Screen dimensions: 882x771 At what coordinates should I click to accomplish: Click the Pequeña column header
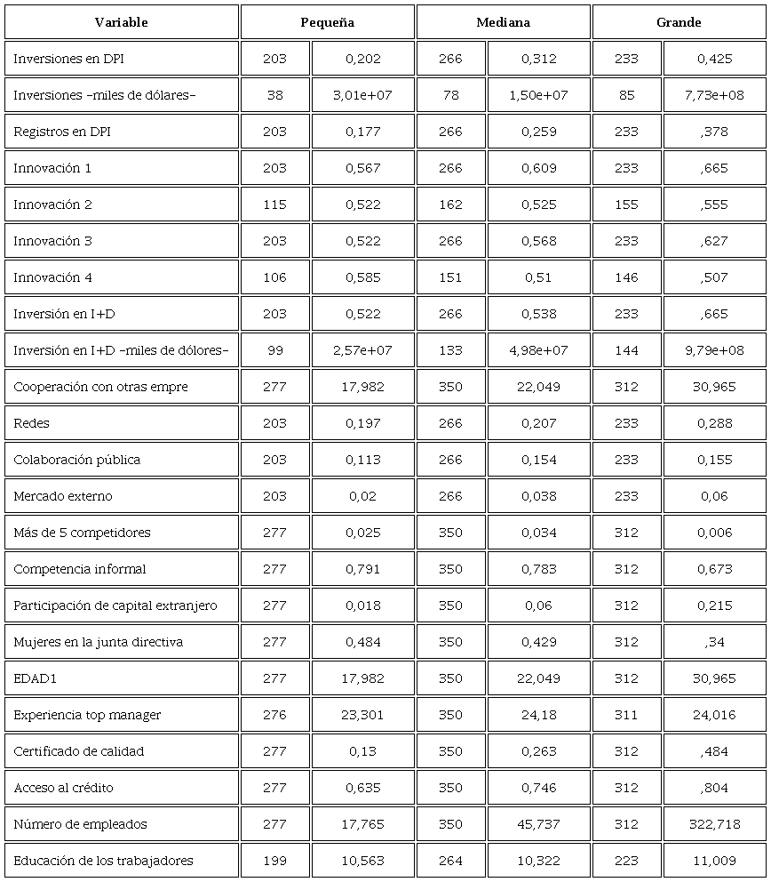[327, 22]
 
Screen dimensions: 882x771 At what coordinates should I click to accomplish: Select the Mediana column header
[503, 22]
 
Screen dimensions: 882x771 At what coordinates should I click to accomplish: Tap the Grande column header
[679, 22]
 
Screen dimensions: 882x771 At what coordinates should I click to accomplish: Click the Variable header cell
[121, 22]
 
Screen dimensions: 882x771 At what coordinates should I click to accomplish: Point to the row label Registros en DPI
[62, 132]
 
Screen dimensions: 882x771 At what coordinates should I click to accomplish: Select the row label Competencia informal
[80, 569]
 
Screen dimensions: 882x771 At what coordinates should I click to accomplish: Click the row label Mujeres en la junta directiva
[98, 642]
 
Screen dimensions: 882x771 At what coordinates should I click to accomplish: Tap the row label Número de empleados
[80, 824]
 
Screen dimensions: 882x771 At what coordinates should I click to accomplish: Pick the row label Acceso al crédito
[63, 788]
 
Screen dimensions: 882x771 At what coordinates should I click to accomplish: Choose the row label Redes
[31, 423]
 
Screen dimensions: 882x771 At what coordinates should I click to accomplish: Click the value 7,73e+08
[714, 95]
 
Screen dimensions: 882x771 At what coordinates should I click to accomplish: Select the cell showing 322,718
[714, 824]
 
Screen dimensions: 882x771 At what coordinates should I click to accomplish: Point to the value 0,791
[362, 569]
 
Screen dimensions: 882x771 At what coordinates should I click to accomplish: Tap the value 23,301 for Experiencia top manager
[362, 715]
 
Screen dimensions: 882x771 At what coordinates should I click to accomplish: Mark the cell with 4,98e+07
[538, 350]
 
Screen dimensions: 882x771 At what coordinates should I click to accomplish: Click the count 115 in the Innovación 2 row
[274, 204]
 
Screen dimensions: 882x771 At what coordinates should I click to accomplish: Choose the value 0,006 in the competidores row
[714, 533]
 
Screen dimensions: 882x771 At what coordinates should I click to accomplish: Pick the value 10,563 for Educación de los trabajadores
[362, 861]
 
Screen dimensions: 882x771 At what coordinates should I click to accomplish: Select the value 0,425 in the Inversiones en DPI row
[714, 59]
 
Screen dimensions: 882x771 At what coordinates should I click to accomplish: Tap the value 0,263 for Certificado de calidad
[538, 751]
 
